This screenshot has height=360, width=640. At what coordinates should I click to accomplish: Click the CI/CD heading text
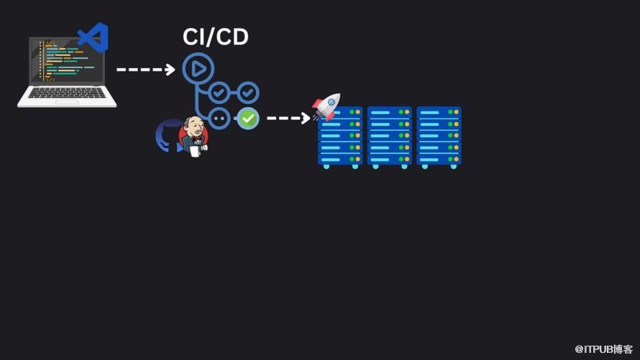click(216, 37)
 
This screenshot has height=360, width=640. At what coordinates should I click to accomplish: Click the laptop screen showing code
click(65, 60)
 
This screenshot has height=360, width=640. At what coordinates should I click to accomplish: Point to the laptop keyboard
click(66, 94)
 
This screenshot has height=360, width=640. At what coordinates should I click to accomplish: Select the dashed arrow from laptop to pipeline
click(146, 70)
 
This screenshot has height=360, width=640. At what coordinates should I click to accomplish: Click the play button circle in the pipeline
click(198, 69)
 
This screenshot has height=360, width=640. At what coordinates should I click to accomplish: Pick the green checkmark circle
click(248, 118)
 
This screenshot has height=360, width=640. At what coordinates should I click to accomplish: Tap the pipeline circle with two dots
click(219, 118)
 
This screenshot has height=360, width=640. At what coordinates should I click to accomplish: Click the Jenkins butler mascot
click(193, 136)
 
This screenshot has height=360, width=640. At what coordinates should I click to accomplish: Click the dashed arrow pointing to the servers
click(288, 118)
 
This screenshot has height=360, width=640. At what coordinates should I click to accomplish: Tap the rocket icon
click(326, 106)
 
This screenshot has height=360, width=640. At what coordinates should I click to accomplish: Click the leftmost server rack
click(340, 137)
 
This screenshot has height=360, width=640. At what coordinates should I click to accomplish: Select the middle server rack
click(389, 137)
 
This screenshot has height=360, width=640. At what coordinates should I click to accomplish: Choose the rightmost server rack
click(439, 137)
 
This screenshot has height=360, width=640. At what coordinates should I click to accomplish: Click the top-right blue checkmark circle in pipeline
click(248, 92)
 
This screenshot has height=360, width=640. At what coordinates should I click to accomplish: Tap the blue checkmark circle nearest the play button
click(219, 92)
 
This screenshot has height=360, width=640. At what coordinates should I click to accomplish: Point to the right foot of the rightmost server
click(453, 167)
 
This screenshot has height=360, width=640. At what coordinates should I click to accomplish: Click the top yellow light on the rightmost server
click(456, 113)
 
